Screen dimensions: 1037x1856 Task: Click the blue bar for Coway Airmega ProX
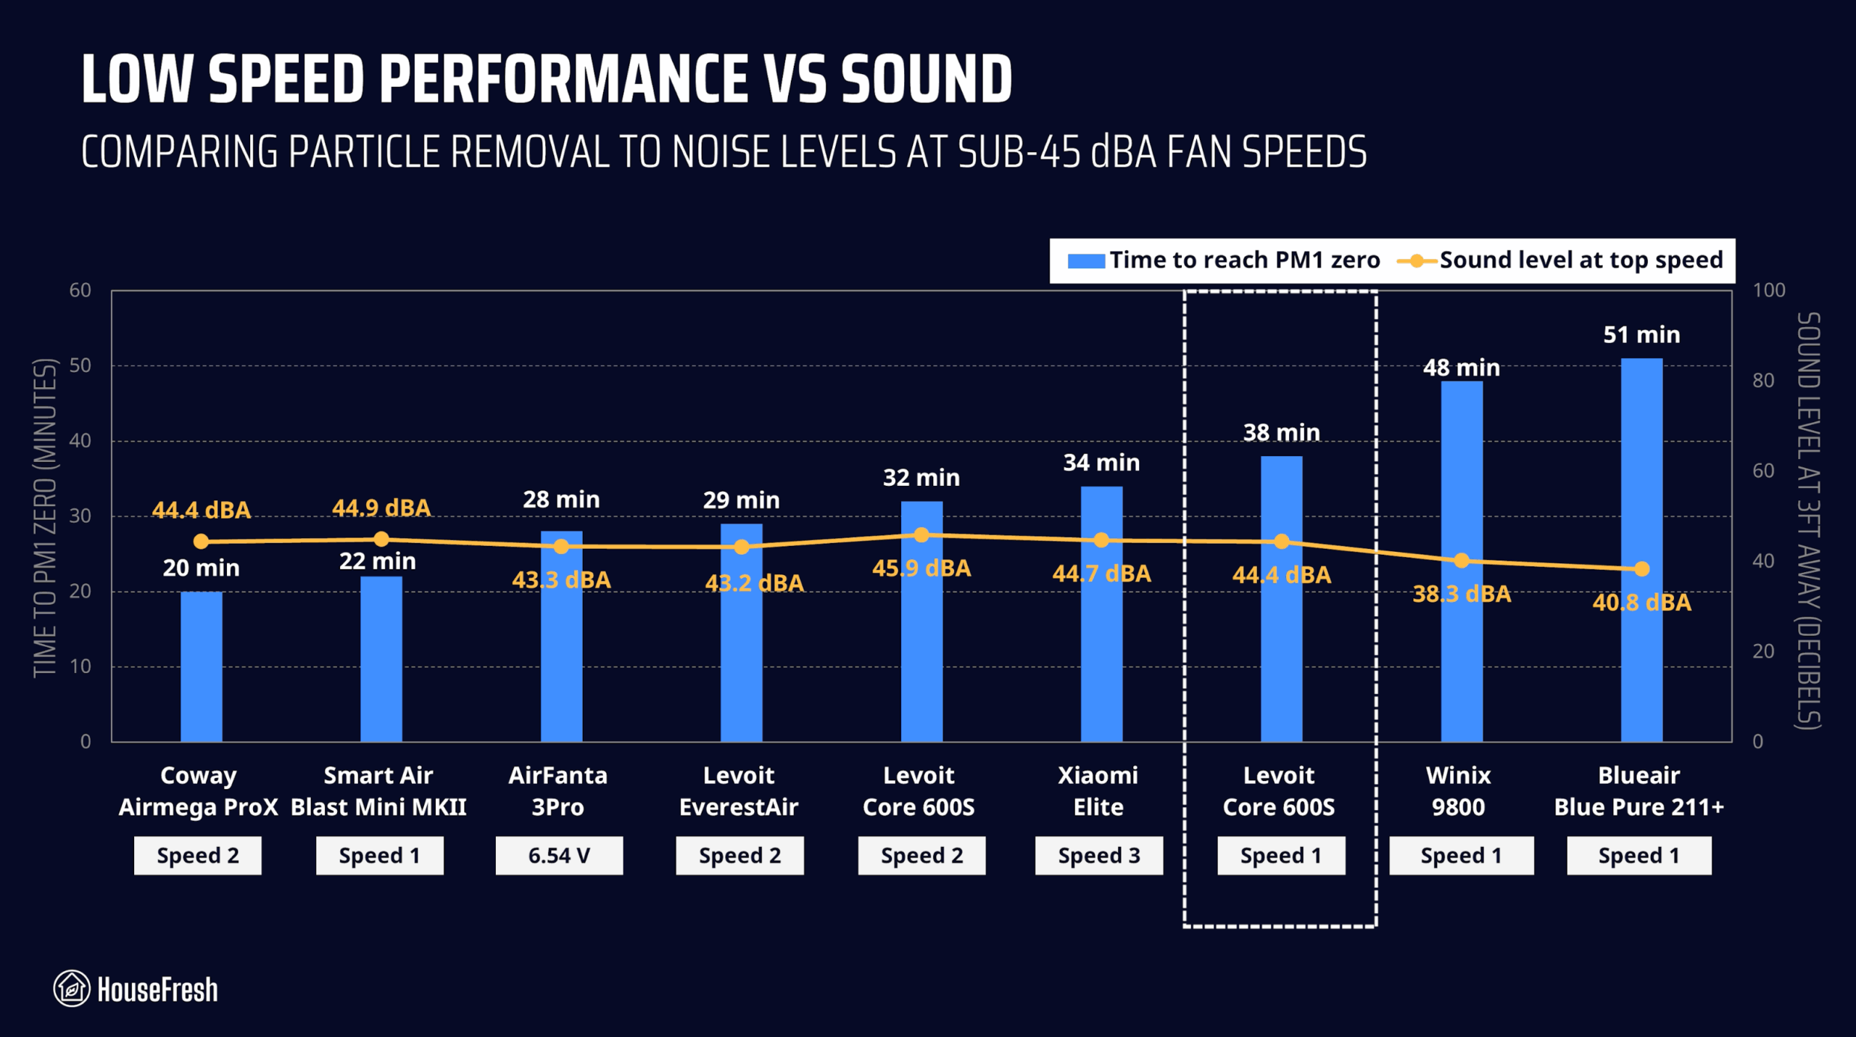pos(201,667)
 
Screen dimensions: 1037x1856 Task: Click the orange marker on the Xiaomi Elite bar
pos(1101,540)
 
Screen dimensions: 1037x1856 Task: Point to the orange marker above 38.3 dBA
pos(1462,561)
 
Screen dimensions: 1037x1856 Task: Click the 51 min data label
pos(1641,334)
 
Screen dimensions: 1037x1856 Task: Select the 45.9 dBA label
pos(921,568)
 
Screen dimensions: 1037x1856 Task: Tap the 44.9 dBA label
pos(381,508)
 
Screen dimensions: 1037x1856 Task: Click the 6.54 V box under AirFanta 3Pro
pos(559,856)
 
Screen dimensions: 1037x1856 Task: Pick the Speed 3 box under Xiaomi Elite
pos(1098,856)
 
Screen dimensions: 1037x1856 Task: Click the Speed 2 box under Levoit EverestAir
pos(739,856)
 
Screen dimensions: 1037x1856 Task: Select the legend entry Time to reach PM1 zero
pos(1225,260)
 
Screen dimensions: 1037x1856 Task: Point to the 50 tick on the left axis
pos(80,365)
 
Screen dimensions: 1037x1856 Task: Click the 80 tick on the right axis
pos(1762,381)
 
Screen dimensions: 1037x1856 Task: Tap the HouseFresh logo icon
pos(72,988)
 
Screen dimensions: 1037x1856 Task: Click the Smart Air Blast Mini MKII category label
pos(378,791)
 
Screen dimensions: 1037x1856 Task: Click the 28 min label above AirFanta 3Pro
pos(561,500)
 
